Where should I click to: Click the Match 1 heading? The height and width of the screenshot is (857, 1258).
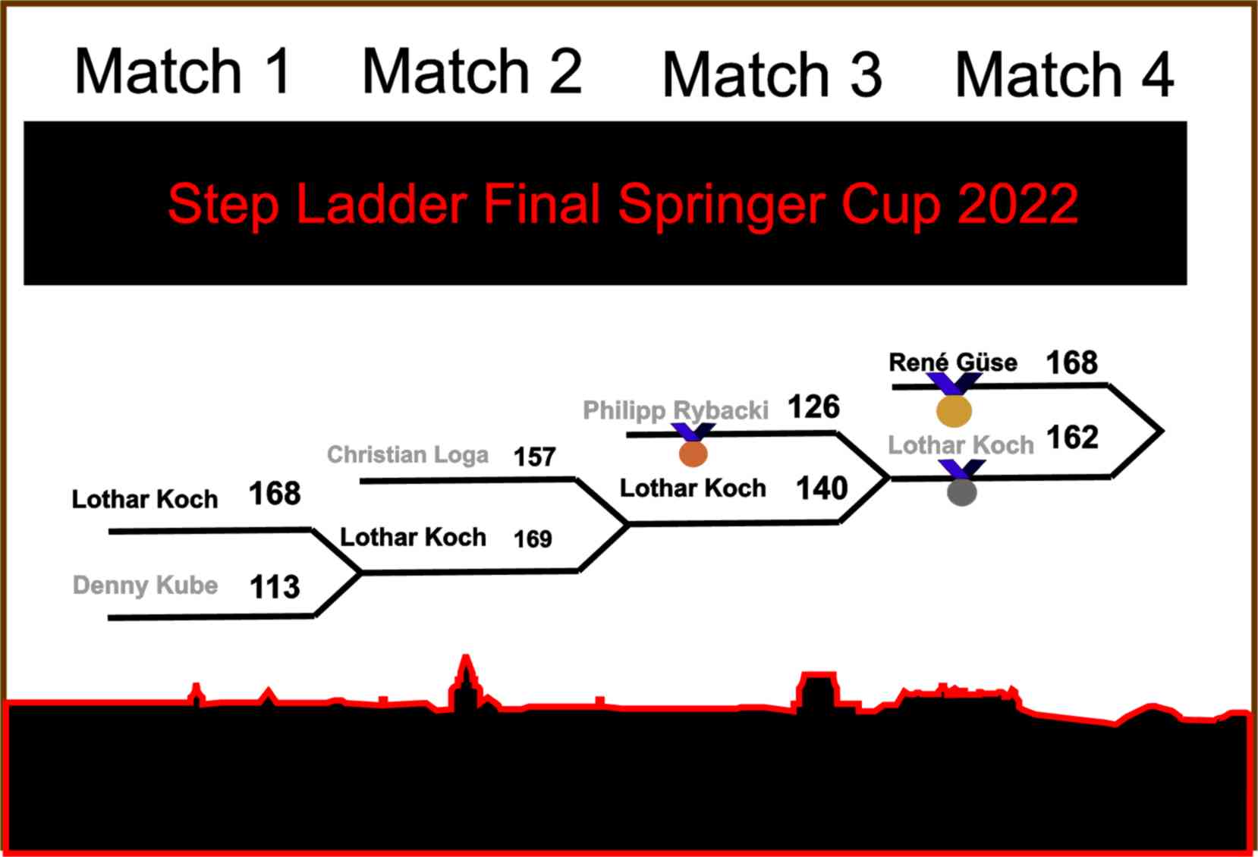(x=183, y=72)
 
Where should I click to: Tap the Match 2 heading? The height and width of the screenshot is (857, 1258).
(x=472, y=72)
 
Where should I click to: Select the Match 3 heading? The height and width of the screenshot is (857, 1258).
(x=772, y=74)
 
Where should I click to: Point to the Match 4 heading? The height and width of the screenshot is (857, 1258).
(x=1065, y=74)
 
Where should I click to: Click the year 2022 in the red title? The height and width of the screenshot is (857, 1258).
(x=1018, y=204)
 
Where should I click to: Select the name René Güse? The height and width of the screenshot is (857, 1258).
(x=952, y=363)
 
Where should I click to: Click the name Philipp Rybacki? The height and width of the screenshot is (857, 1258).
(x=675, y=410)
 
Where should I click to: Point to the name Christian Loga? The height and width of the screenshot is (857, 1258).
(x=407, y=454)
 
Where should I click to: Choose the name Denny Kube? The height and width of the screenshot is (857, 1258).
(x=145, y=585)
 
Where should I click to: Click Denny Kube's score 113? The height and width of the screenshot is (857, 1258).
(x=275, y=587)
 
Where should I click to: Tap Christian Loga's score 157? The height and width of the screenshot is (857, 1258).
(x=535, y=457)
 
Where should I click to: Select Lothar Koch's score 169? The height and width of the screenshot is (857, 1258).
(x=533, y=539)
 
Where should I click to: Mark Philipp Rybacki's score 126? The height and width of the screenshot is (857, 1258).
(x=814, y=407)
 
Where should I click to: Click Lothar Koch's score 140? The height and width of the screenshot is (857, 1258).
(x=822, y=488)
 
